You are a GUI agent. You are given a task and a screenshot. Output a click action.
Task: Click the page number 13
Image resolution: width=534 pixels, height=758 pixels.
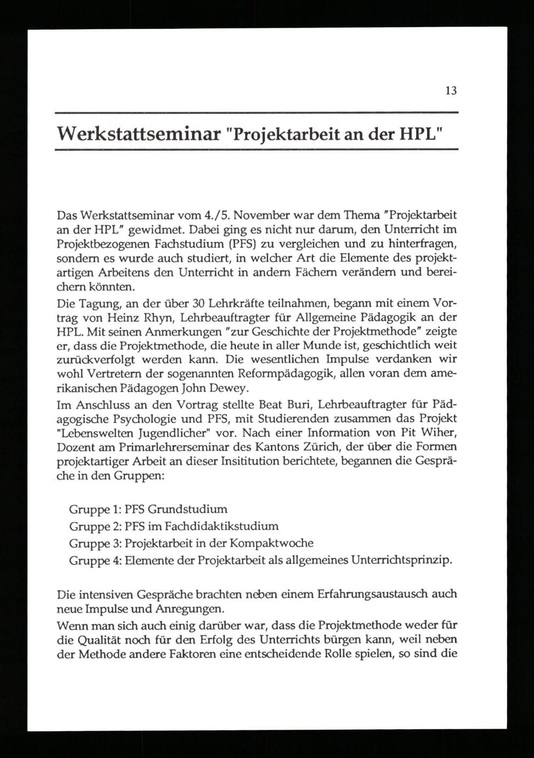pos(451,91)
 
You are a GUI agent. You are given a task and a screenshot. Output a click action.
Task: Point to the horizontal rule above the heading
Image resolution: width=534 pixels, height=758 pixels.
pos(257,113)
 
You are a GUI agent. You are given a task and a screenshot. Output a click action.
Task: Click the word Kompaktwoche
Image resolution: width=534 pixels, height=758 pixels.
pos(272,543)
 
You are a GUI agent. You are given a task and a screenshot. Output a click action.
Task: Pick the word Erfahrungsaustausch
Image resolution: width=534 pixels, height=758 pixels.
pos(371,594)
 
